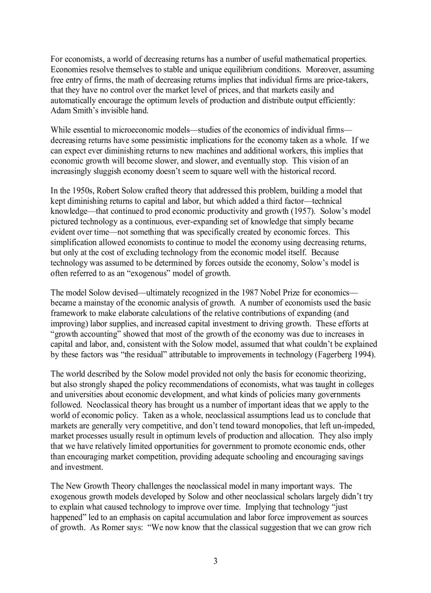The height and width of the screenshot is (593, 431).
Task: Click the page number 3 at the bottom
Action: tap(215, 561)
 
